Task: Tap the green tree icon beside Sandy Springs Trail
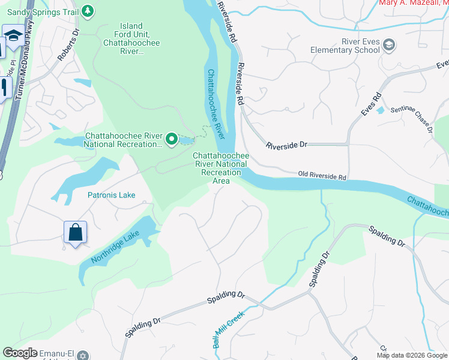point(88,11)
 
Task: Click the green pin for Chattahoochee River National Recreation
point(172,140)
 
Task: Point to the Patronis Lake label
point(112,195)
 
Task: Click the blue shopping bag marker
point(76,232)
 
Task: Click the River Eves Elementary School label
point(345,46)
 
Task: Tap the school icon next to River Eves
point(389,45)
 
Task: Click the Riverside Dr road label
point(286,145)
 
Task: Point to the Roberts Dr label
point(68,46)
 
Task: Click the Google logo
point(20,352)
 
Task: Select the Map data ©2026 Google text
point(411,355)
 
